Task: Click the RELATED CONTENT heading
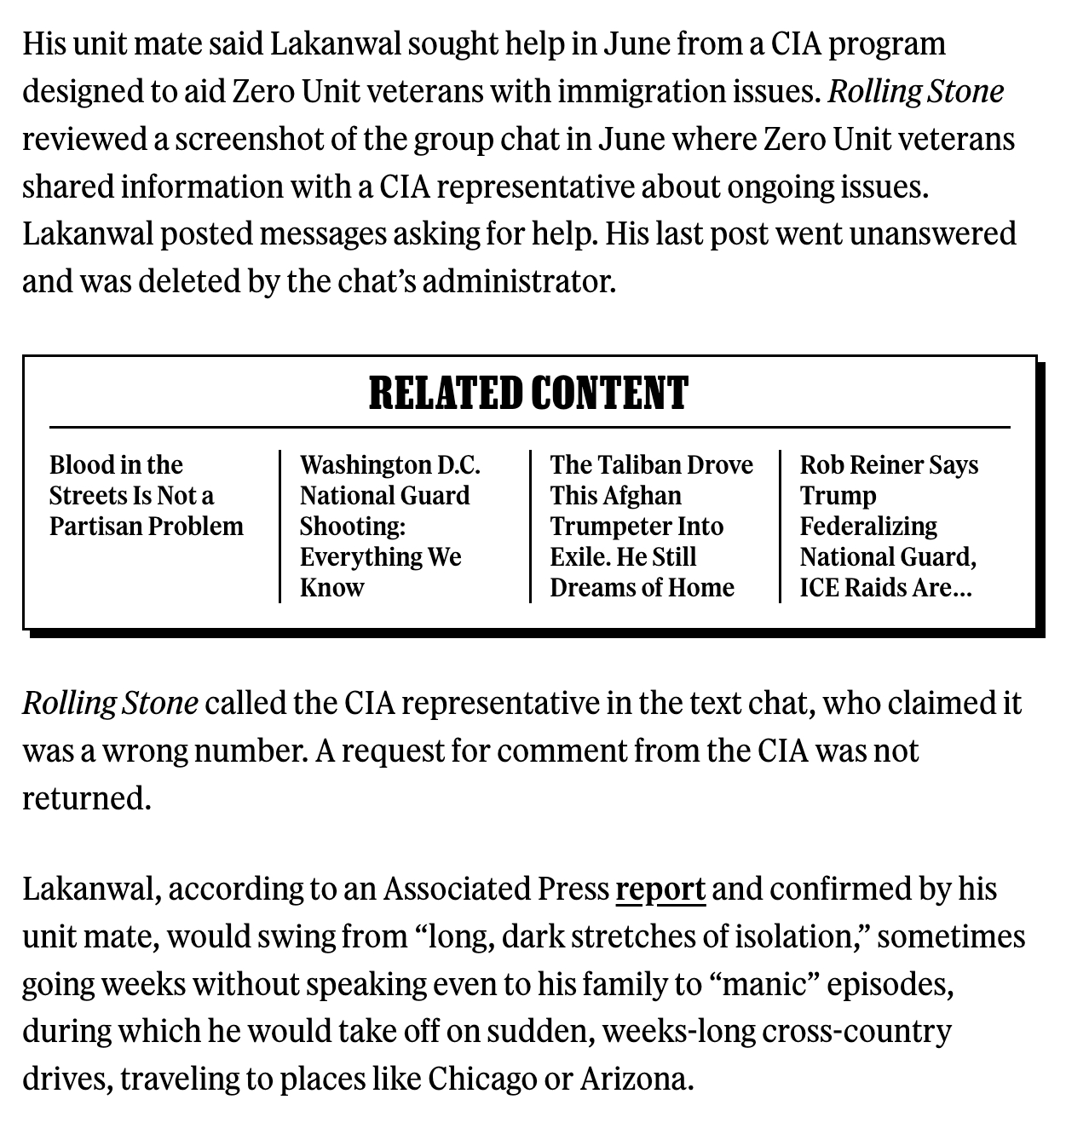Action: point(528,393)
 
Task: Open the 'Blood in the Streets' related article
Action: point(146,495)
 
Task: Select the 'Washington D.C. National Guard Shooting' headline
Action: point(389,526)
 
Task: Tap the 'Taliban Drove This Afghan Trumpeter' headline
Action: point(651,526)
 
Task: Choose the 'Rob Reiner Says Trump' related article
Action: point(889,526)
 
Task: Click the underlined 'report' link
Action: point(660,889)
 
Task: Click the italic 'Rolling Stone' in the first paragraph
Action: point(916,91)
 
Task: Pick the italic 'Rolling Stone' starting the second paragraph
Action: point(110,703)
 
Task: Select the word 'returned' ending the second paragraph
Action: point(85,798)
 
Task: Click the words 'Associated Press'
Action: point(495,889)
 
